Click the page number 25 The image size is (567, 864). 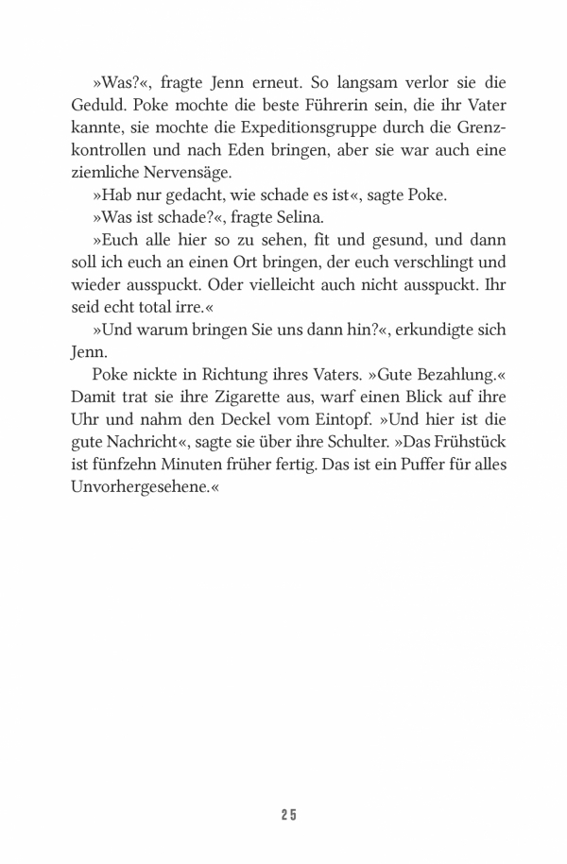(x=287, y=815)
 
